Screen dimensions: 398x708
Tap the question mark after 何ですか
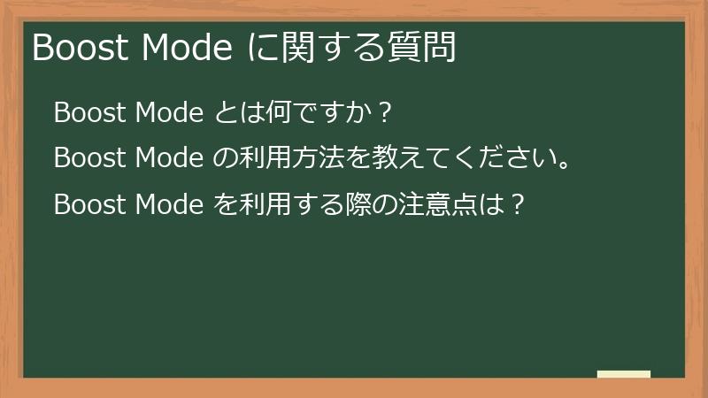click(x=383, y=113)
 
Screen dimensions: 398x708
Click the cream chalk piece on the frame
click(x=624, y=375)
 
